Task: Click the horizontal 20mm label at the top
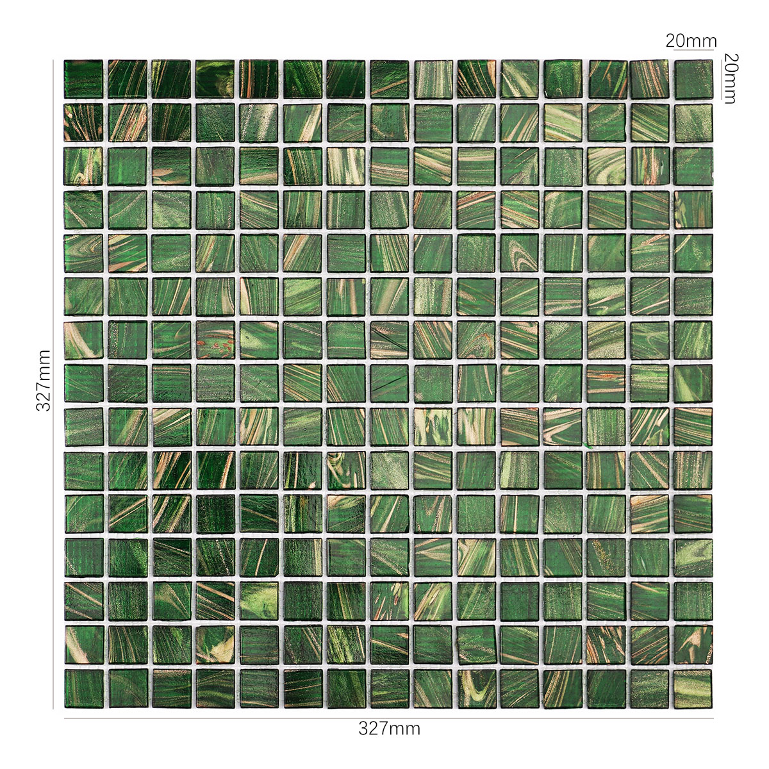click(x=691, y=41)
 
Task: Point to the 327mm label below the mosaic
click(x=389, y=728)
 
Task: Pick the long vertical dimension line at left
click(x=53, y=384)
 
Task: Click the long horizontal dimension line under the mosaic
click(x=388, y=718)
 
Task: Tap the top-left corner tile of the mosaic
click(x=83, y=79)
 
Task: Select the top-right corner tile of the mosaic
click(x=693, y=79)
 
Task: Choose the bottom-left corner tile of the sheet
click(x=83, y=689)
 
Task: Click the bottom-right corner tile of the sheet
click(x=693, y=689)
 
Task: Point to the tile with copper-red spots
click(x=215, y=340)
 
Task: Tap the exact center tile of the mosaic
click(x=389, y=383)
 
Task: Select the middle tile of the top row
click(x=389, y=79)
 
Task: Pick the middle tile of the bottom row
click(x=389, y=689)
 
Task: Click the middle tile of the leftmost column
click(x=83, y=383)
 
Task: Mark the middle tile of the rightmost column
click(x=693, y=383)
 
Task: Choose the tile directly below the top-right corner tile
click(x=693, y=122)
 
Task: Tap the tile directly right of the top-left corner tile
click(x=128, y=79)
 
